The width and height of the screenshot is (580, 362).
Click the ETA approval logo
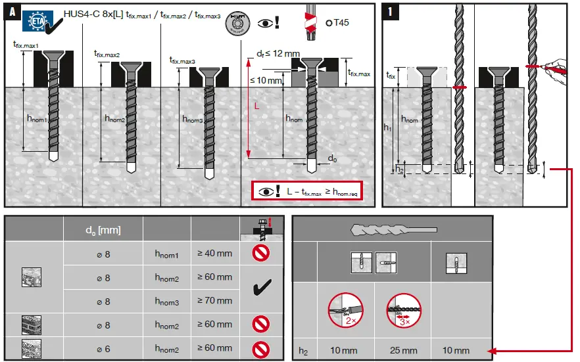click(x=40, y=20)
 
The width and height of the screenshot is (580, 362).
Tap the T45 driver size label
click(x=339, y=22)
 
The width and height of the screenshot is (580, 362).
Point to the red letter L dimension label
click(x=257, y=105)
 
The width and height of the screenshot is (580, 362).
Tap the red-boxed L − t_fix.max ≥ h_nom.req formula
click(x=307, y=191)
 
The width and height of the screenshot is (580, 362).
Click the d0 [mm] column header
click(x=103, y=229)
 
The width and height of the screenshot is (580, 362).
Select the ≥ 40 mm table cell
click(x=214, y=253)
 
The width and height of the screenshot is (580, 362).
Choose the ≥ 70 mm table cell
click(x=214, y=300)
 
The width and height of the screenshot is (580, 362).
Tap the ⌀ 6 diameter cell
click(x=103, y=348)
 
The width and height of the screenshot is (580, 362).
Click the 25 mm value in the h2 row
click(x=403, y=350)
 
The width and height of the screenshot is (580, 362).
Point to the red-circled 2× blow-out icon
click(x=345, y=311)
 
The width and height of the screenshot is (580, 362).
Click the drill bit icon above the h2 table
click(x=392, y=230)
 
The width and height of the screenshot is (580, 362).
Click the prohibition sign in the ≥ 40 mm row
click(x=262, y=253)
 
